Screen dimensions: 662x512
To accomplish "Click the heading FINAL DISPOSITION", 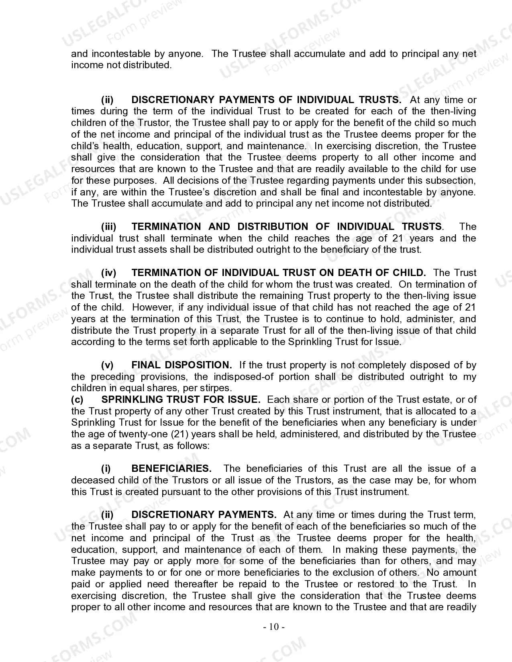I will [x=182, y=365].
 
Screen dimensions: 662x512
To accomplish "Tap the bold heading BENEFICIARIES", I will [x=171, y=469].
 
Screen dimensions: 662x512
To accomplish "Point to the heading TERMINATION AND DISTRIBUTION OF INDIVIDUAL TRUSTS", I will [x=287, y=227].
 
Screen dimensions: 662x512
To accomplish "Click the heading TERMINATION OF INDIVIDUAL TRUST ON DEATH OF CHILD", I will [x=279, y=273].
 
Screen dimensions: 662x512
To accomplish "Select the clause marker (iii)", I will [x=108, y=227].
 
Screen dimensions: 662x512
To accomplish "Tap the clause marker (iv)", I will [x=108, y=273].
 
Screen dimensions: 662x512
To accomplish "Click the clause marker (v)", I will [x=107, y=365].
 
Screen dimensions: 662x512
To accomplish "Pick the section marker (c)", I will [x=78, y=400].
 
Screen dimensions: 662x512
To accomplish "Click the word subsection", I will [x=450, y=181].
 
